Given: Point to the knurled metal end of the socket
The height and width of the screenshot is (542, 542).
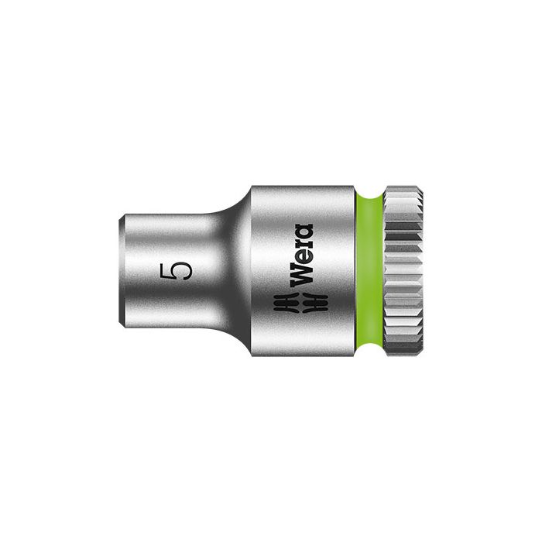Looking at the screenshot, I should [x=407, y=271].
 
